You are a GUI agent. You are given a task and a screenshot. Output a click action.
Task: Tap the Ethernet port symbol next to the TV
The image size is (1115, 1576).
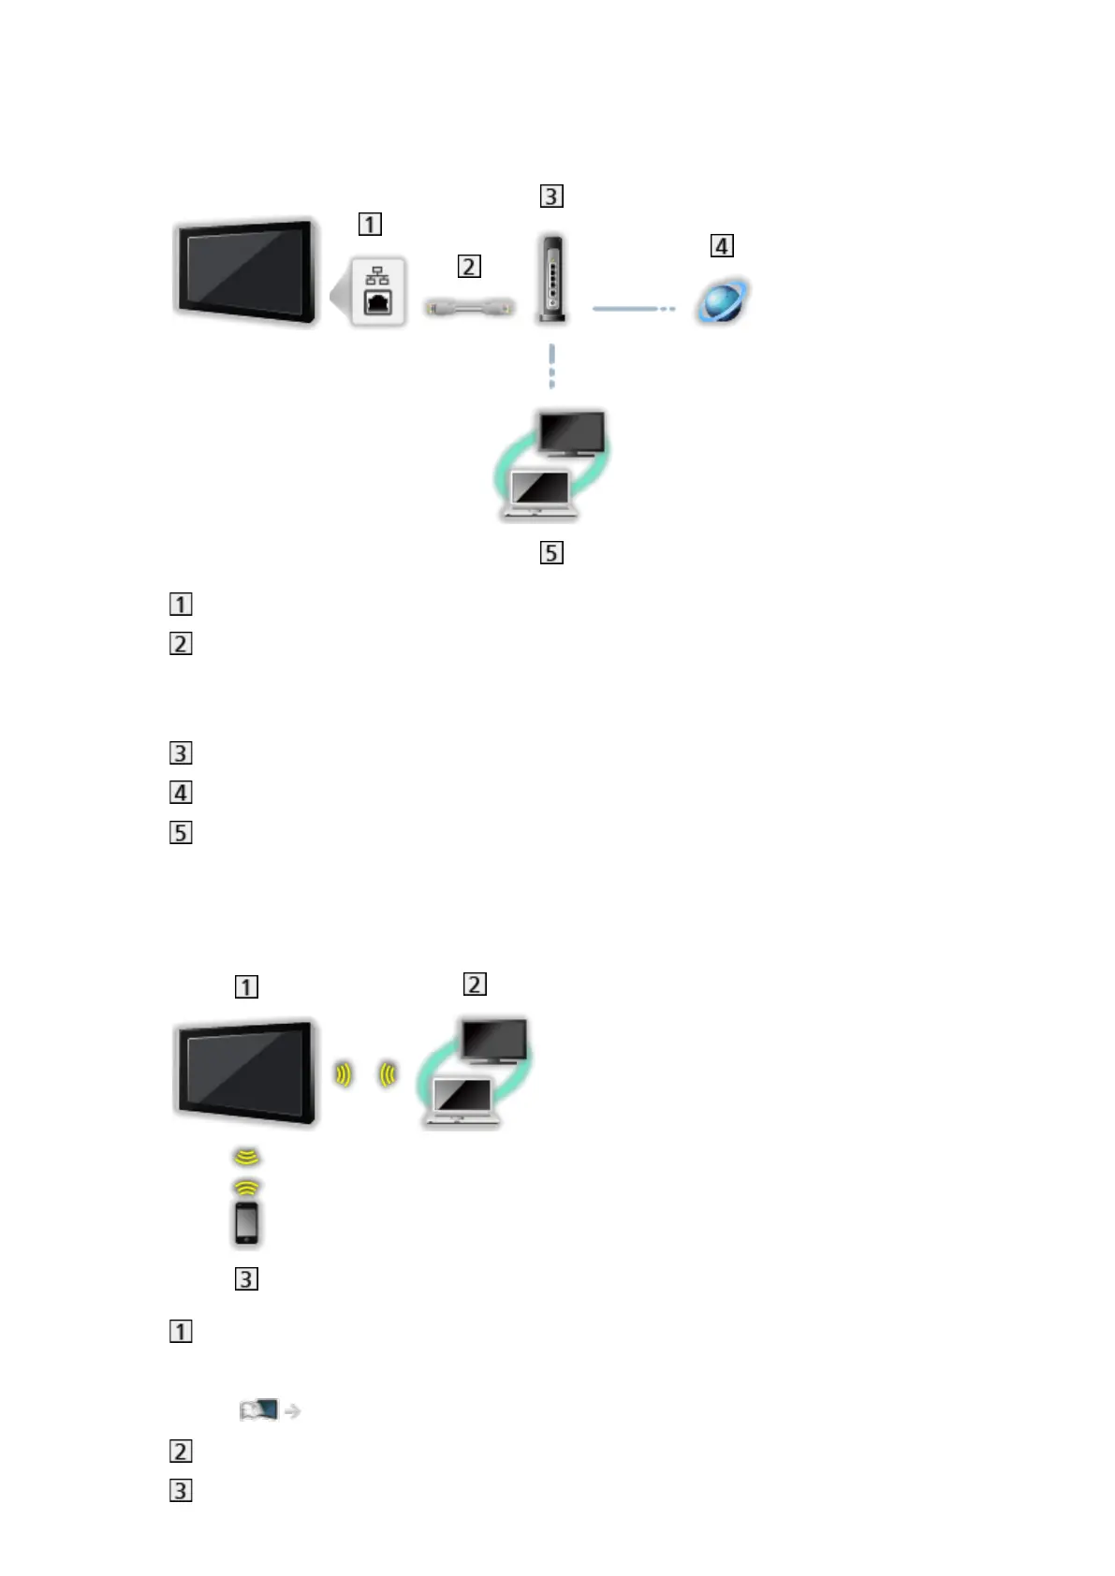tap(378, 292)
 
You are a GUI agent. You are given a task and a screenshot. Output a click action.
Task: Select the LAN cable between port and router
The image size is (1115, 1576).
tap(469, 306)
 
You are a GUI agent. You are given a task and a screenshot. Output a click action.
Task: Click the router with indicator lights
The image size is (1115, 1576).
tap(552, 279)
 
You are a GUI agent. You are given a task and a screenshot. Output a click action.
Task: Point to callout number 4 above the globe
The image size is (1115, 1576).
tap(722, 246)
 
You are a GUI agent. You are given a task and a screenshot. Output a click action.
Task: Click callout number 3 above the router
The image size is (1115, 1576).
tap(551, 196)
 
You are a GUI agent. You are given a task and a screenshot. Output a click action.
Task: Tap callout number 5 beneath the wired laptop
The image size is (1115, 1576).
tap(551, 552)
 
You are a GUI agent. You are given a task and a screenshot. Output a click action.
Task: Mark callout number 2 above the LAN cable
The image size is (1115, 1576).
tap(469, 266)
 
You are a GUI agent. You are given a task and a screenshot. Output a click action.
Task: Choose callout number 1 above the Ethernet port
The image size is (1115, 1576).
tap(370, 224)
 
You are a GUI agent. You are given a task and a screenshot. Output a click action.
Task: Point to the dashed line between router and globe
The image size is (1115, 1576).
tap(633, 308)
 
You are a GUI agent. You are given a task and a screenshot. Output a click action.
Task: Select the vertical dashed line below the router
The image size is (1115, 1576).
tap(552, 366)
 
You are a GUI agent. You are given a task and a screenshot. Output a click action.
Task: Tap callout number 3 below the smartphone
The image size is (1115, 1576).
tap(246, 1278)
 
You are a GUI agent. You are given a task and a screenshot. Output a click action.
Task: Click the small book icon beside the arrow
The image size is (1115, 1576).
tap(259, 1409)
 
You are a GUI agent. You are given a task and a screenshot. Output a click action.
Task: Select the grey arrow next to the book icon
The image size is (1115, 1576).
tap(292, 1410)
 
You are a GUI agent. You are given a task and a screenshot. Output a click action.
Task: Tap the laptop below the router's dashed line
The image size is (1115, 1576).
tap(538, 493)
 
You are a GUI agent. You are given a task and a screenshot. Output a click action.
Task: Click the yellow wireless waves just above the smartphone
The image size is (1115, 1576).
tap(246, 1187)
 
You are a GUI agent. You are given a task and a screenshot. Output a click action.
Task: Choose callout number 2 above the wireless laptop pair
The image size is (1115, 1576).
tap(475, 984)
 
